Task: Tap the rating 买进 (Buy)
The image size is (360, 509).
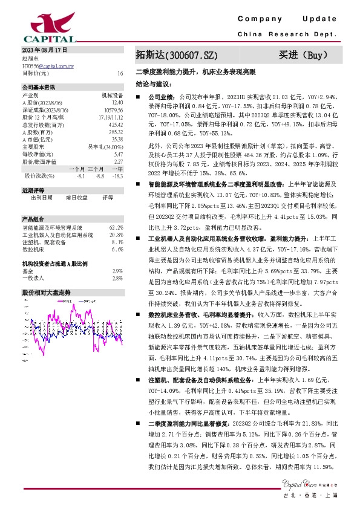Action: [304, 56]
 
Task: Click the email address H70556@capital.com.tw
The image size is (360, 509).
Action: [48, 65]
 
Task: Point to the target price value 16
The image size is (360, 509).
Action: [120, 73]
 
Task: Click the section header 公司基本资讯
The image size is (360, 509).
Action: [39, 87]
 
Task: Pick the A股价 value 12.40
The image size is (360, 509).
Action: [117, 103]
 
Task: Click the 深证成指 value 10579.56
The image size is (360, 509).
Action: [113, 110]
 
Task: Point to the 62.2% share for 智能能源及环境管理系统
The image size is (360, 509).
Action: [117, 227]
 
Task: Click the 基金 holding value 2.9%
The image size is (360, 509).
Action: [118, 271]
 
